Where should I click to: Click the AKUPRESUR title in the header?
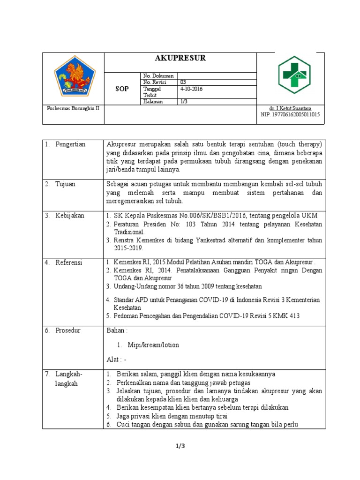(180, 59)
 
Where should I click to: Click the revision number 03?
(183, 82)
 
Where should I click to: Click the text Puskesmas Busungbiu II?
(69, 108)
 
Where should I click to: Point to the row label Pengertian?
(70, 144)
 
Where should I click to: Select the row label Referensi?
(69, 262)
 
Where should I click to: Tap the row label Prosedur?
(68, 330)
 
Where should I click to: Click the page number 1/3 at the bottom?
(180, 446)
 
